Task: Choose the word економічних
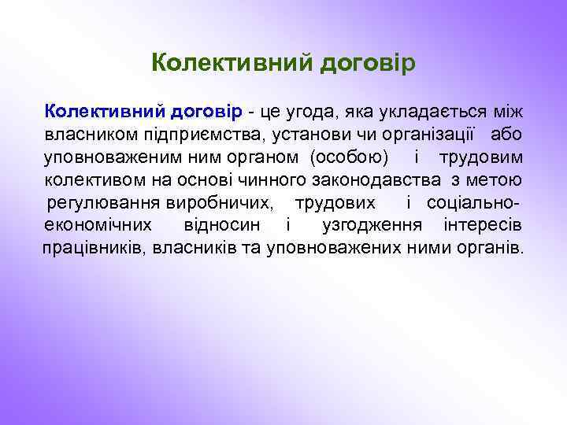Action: point(93,224)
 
